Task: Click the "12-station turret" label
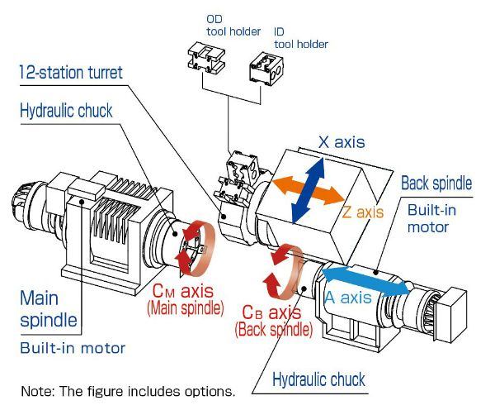click(71, 73)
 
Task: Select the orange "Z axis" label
click(363, 212)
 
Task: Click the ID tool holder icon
click(264, 67)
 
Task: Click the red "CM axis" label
click(182, 291)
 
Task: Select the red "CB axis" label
click(272, 313)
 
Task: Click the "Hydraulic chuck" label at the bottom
click(320, 380)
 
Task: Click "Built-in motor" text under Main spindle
click(73, 348)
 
